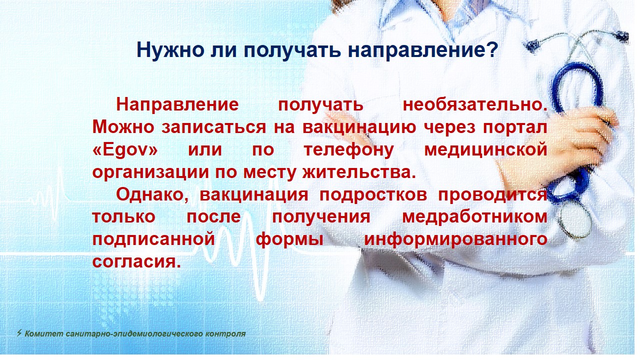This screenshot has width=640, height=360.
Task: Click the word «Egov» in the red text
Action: click(x=125, y=149)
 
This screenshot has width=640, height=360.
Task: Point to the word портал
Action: click(x=515, y=127)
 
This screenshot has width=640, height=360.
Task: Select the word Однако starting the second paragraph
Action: click(x=151, y=195)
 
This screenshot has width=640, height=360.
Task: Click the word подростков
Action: click(x=373, y=195)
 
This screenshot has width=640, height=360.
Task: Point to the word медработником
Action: click(x=474, y=217)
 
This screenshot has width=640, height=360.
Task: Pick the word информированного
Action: click(x=455, y=239)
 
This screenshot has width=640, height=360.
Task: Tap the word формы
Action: click(x=289, y=239)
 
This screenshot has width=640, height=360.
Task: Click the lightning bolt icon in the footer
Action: click(x=19, y=333)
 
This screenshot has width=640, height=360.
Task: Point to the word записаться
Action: click(x=213, y=127)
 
